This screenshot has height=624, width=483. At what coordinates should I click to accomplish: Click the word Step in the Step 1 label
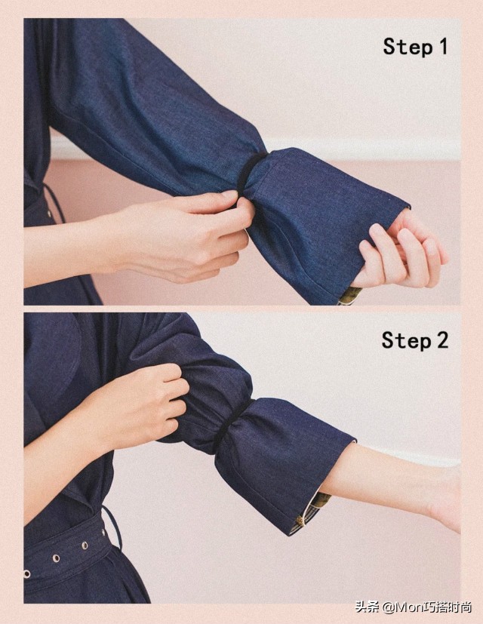coord(408,47)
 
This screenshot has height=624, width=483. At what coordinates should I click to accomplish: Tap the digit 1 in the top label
coord(443,46)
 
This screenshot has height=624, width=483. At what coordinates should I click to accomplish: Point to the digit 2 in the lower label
coord(442,340)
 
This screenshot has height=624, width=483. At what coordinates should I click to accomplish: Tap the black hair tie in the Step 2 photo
coord(231,426)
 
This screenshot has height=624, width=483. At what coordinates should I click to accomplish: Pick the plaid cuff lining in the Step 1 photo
coord(349,296)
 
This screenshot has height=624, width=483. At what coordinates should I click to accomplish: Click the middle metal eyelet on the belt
coord(56,558)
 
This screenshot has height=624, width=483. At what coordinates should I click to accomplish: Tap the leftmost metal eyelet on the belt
coord(27,574)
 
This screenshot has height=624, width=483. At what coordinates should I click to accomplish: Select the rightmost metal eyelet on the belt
coord(85,545)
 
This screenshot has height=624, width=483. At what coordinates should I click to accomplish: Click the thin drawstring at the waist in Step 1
coord(55,202)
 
